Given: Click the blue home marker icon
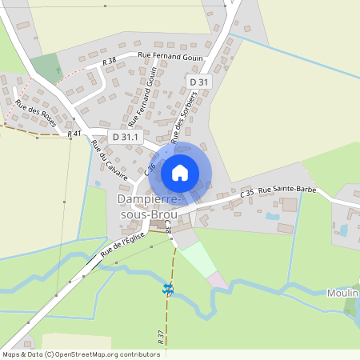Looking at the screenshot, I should pyautogui.click(x=180, y=172).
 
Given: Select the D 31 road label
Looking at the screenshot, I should pyautogui.click(x=198, y=82).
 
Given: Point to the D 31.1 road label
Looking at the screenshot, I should pyautogui.click(x=126, y=137).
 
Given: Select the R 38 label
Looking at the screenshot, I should pyautogui.click(x=110, y=61).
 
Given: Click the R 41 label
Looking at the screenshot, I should pyautogui.click(x=74, y=134).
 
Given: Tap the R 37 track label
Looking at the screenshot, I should pyautogui.click(x=162, y=337).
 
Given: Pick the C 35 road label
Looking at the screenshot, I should pyautogui.click(x=247, y=193).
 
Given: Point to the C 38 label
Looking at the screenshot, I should pyautogui.click(x=168, y=228).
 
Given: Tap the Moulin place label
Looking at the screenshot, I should pyautogui.click(x=342, y=294).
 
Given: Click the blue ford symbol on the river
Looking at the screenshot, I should pyautogui.click(x=168, y=289).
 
